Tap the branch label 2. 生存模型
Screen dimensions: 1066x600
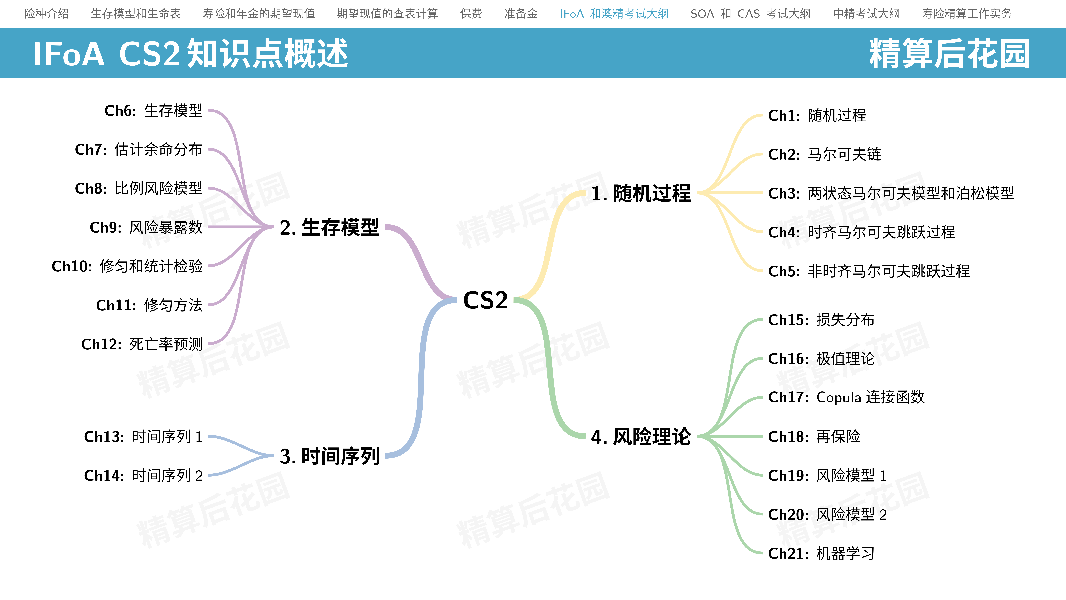pos(329,227)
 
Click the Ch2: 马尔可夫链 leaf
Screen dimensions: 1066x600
pos(825,154)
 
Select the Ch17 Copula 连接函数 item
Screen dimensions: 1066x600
pos(846,397)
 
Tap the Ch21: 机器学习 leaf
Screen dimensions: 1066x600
pos(821,553)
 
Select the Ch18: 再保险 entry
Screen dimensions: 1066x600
pos(814,436)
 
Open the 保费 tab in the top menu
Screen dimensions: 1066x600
pos(471,14)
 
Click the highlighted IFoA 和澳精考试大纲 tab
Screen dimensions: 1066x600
pos(614,14)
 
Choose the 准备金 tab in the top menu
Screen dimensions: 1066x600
pos(521,14)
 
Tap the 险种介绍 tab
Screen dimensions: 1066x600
pos(46,14)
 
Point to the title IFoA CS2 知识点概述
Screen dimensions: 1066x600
pos(190,53)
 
